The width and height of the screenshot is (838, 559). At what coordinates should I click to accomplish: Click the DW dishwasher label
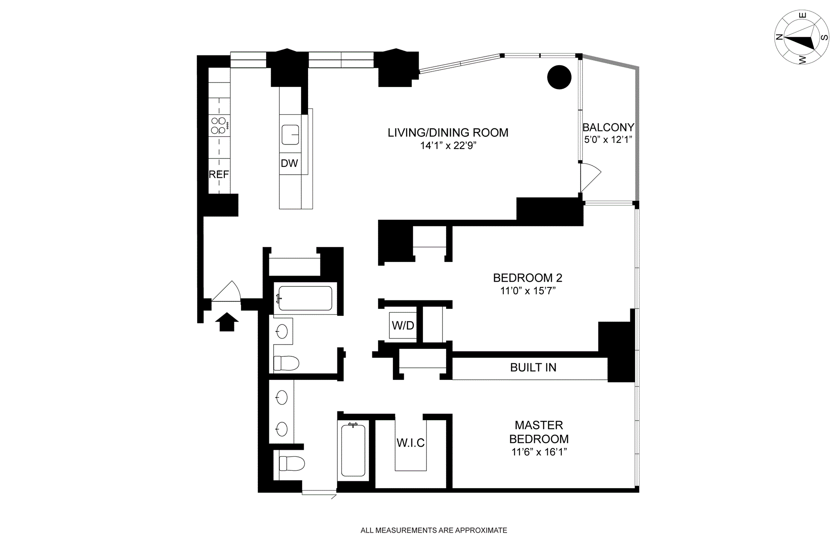[289, 163]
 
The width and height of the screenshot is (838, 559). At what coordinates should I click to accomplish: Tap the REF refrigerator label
[219, 175]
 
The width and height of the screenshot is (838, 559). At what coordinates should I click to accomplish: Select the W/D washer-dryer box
[403, 325]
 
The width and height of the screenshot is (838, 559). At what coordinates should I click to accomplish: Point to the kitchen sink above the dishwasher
[290, 135]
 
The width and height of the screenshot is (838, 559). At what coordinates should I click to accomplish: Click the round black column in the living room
[559, 77]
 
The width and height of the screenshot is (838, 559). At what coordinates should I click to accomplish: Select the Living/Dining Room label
[448, 133]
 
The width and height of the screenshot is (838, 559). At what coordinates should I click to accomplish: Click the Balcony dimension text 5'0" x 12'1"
[608, 140]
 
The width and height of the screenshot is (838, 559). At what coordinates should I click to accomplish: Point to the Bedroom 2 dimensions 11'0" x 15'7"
[528, 291]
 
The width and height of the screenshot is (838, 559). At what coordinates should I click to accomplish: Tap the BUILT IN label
[533, 368]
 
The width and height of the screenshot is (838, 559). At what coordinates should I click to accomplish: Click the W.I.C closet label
[410, 443]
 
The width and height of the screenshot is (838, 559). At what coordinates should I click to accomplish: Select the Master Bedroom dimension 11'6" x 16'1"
[539, 452]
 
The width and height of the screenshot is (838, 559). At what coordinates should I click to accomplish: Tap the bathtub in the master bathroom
[353, 450]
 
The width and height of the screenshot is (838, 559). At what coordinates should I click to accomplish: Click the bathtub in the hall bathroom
[305, 298]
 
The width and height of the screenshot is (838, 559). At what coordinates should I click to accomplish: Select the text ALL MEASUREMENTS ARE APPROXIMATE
[434, 531]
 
